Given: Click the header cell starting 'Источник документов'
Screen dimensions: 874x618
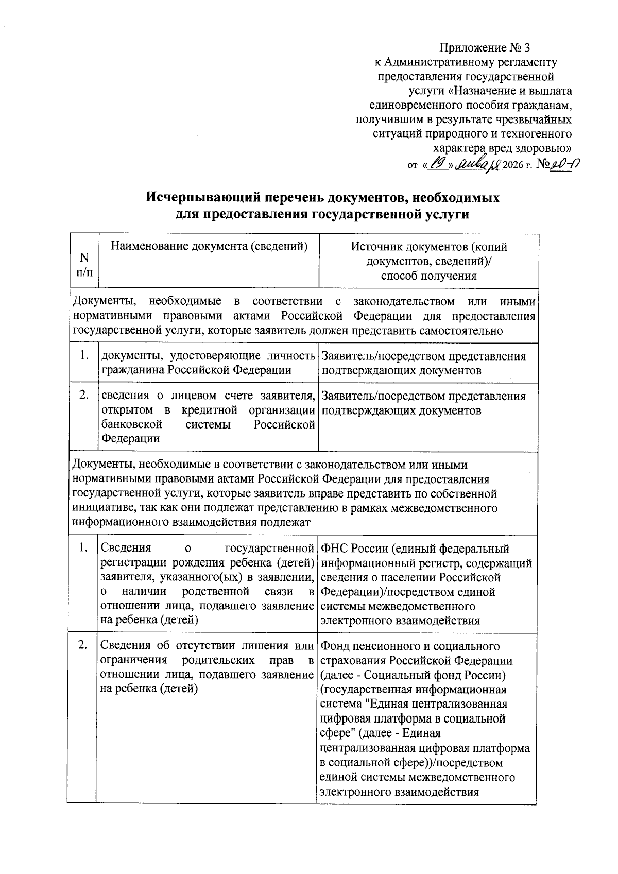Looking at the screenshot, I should [428, 261].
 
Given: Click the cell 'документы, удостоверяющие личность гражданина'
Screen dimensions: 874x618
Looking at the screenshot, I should [208, 363].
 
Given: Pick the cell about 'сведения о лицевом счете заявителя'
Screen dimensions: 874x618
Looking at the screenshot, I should [208, 417].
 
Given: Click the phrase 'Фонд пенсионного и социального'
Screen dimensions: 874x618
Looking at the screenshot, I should [409, 646].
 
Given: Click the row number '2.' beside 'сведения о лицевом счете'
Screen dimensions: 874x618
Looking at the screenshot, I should [83, 396].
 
